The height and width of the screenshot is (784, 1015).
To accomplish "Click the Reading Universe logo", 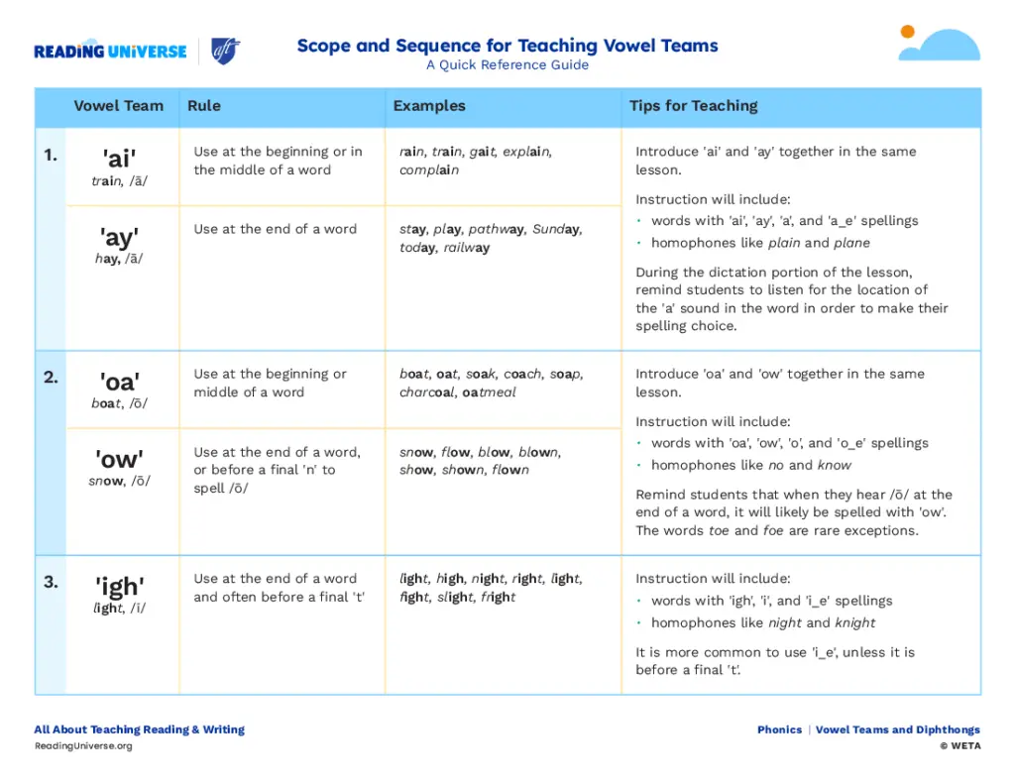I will [x=110, y=51].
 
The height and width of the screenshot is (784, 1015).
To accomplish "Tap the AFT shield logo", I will [x=226, y=51].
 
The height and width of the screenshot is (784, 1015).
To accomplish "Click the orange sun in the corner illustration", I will [x=907, y=32].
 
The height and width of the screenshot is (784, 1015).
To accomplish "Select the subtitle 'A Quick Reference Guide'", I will [x=507, y=65].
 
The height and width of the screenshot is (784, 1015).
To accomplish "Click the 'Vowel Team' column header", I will [x=118, y=106].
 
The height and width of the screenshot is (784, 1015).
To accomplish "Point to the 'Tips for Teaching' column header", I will [x=693, y=106].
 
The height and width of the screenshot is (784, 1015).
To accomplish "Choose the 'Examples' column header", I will [x=428, y=106].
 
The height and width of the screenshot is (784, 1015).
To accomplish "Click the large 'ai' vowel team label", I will [x=119, y=159].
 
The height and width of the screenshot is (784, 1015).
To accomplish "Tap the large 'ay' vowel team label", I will [x=119, y=237].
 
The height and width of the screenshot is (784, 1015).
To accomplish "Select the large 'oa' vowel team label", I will [x=119, y=382].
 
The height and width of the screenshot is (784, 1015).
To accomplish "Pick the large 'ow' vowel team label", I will [x=119, y=459].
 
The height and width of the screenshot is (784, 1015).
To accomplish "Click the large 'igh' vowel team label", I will [x=119, y=587].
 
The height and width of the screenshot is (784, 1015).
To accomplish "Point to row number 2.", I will [x=51, y=377].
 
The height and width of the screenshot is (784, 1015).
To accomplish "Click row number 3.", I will [x=51, y=582].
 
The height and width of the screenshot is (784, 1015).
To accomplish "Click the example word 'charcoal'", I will [x=426, y=392].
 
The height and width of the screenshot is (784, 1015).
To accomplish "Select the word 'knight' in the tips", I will [x=855, y=622].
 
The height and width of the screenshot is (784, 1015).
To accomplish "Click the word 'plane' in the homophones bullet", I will [x=851, y=243].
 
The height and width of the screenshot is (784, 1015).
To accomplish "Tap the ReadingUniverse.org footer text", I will [x=83, y=746].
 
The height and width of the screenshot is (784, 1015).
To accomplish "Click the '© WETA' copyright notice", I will [x=959, y=746].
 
